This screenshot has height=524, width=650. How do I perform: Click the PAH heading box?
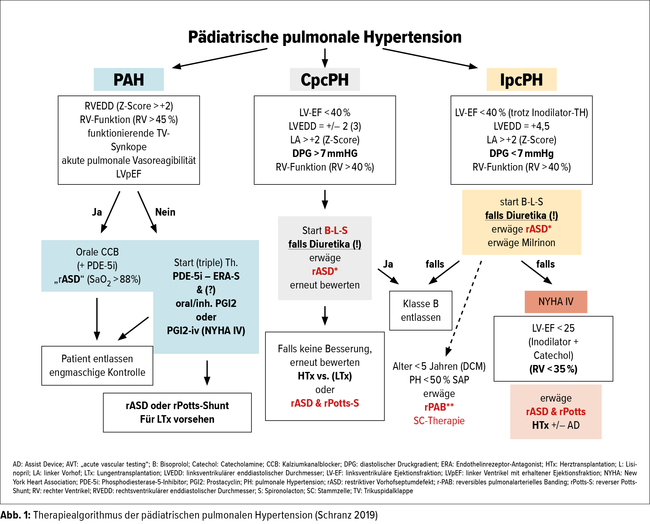tap(128, 80)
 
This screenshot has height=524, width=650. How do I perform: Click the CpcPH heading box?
tap(325, 80)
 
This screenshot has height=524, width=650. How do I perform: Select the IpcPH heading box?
tap(521, 80)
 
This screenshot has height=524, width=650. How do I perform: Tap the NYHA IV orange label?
tap(556, 301)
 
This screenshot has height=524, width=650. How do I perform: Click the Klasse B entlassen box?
tap(421, 311)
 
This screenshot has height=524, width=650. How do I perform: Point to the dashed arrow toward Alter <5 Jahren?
tap(464, 308)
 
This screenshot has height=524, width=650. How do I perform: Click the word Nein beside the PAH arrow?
tap(165, 212)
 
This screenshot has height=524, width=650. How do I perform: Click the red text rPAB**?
tap(439, 407)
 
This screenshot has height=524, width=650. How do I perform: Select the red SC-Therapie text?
tap(439, 421)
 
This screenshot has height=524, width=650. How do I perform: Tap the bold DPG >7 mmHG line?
tap(325, 153)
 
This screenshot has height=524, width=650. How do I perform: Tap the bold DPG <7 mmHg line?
tap(521, 153)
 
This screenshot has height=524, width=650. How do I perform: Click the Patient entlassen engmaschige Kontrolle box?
tap(97, 366)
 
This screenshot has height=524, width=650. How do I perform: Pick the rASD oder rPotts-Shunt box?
tap(177, 412)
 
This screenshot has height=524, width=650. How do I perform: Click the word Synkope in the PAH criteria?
tap(128, 147)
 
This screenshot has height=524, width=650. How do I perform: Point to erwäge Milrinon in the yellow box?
tap(521, 242)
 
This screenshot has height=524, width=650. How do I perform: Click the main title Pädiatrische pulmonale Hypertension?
tap(325, 37)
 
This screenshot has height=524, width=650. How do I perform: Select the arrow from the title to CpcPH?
tap(325, 58)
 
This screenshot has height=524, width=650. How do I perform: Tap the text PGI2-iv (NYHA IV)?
tap(206, 330)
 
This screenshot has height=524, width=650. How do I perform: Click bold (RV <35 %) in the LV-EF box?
tap(553, 369)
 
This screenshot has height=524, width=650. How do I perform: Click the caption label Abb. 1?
tap(15, 515)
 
